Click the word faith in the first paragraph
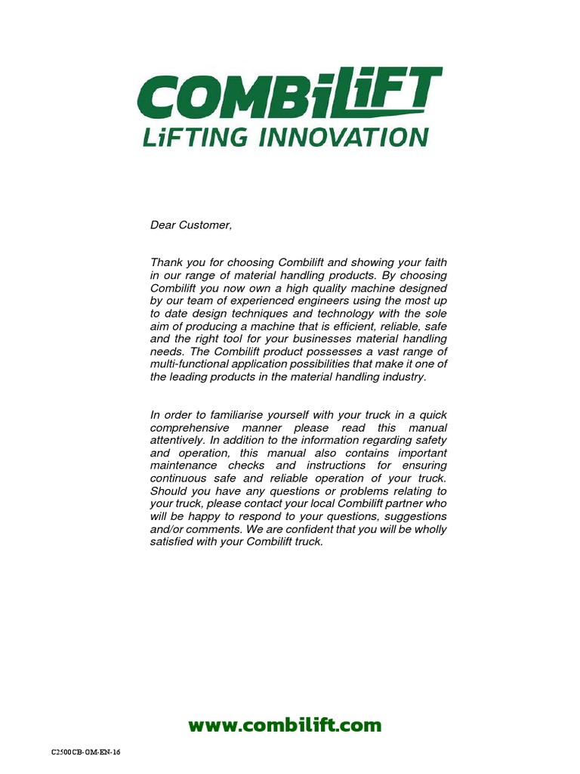433,262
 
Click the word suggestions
413,516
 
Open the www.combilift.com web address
285,726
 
